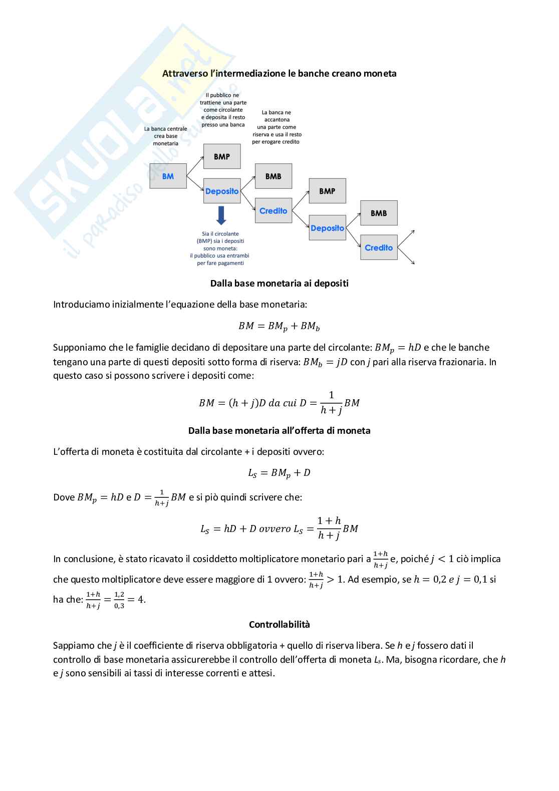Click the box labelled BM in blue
pyautogui.click(x=168, y=176)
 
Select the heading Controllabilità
pyautogui.click(x=279, y=624)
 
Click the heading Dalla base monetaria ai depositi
pyautogui.click(x=279, y=284)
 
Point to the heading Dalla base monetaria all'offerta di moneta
pyautogui.click(x=279, y=431)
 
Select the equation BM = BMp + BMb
pyautogui.click(x=279, y=326)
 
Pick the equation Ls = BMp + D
pyautogui.click(x=279, y=473)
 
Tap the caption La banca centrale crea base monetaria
pyautogui.click(x=166, y=136)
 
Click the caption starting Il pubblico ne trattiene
pyautogui.click(x=223, y=110)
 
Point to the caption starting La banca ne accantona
pyautogui.click(x=276, y=127)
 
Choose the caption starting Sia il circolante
pyautogui.click(x=220, y=248)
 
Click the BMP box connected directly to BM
pyautogui.click(x=222, y=157)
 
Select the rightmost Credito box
pyautogui.click(x=379, y=247)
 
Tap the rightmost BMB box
pyautogui.click(x=379, y=213)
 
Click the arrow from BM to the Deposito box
pyautogui.click(x=195, y=184)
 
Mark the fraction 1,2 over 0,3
pyautogui.click(x=119, y=600)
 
